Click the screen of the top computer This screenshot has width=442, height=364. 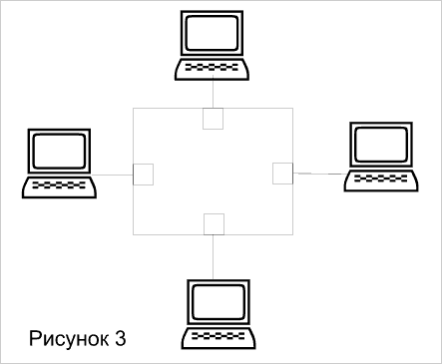point(212,33)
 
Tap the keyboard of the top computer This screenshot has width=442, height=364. point(212,69)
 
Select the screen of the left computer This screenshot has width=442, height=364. point(59,151)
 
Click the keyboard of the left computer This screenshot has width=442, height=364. point(59,187)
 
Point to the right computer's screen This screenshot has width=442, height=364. point(381,145)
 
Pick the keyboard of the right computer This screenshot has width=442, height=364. point(381,181)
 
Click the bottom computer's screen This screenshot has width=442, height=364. point(219,302)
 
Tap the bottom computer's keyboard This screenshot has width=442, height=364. point(219,338)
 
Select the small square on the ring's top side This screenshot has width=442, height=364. point(214,119)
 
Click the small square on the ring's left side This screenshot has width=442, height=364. point(143,175)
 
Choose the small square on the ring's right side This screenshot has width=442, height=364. point(283,174)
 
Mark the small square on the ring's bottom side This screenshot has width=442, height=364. point(214,224)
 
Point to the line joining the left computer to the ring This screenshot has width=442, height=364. point(112,175)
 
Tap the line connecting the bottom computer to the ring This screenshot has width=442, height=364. point(214,257)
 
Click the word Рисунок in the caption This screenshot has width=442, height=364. point(69,339)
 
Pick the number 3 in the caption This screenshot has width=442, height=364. point(121,339)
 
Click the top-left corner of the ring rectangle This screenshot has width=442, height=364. point(133,108)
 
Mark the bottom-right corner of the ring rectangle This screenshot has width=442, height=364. point(293,234)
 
